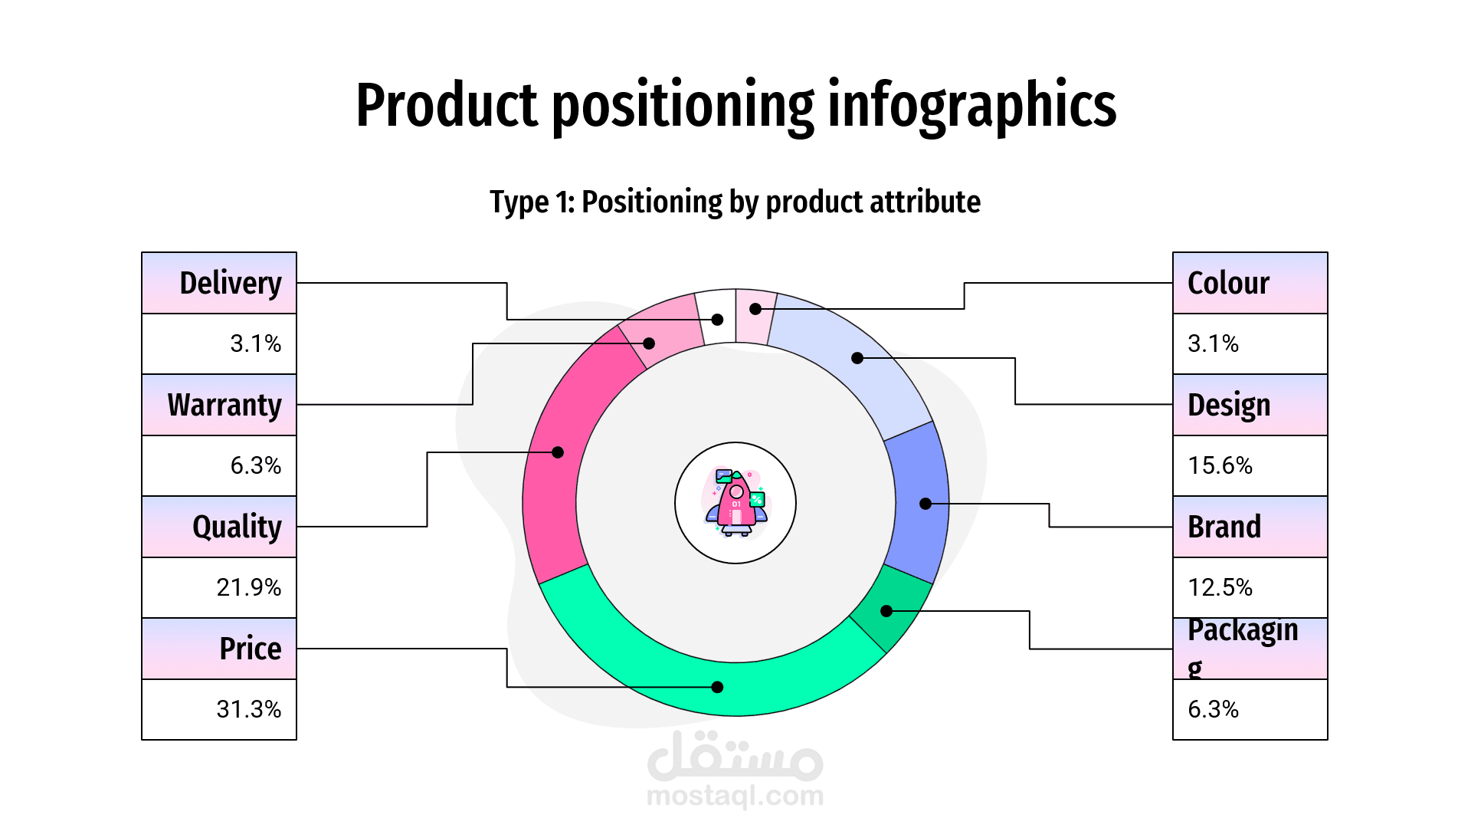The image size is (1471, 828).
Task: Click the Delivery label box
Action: coord(219,283)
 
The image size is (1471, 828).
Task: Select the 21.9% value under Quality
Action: coord(248,587)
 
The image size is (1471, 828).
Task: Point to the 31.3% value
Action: coord(248,709)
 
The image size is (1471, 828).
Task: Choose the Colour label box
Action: coord(1250,283)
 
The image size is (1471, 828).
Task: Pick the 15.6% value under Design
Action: coord(1220,465)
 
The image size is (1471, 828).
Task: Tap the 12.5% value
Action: coord(1220,587)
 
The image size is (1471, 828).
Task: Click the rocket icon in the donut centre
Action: coord(735,503)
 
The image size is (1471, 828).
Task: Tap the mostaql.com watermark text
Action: coord(735,796)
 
